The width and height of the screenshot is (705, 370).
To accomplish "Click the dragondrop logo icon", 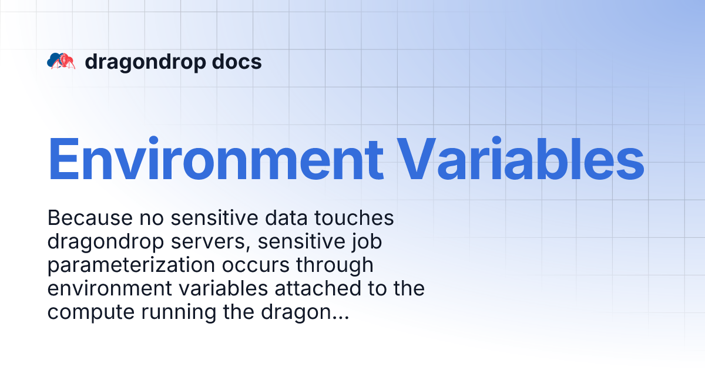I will pos(61,61).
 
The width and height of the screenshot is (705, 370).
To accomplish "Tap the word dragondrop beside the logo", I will pos(139,62).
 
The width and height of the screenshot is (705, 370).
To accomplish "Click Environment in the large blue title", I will pos(215,159).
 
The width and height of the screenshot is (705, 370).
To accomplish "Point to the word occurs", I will pos(247,265).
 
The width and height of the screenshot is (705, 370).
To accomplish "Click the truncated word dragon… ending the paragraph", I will pos(304,312).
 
